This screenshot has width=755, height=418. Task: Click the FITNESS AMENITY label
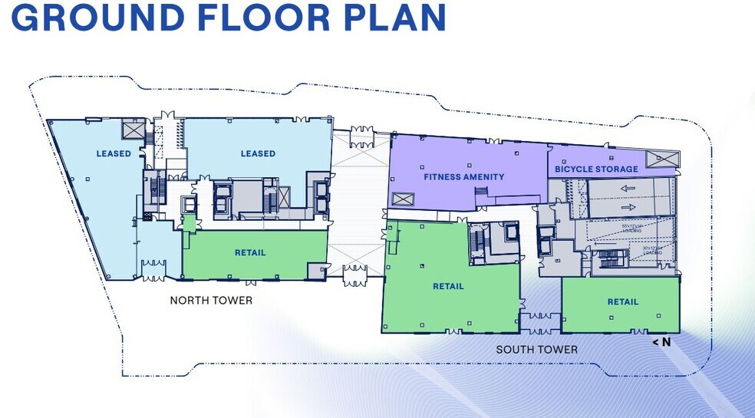[464, 177]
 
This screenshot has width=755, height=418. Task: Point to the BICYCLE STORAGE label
[596, 169]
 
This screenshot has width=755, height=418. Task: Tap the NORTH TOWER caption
[211, 301]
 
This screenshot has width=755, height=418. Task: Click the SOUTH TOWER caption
[536, 350]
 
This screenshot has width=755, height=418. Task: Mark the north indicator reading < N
[661, 342]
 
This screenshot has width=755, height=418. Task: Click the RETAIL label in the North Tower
[250, 253]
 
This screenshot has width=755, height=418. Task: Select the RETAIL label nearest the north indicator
[623, 302]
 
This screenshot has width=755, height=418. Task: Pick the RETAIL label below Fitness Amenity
[448, 287]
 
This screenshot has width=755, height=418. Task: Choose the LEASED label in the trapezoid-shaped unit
[114, 153]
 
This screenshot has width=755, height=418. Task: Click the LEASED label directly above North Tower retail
[258, 153]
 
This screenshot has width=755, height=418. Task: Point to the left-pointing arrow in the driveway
[626, 188]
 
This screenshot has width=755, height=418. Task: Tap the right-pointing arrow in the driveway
[626, 206]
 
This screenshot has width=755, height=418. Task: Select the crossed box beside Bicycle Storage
[661, 159]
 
